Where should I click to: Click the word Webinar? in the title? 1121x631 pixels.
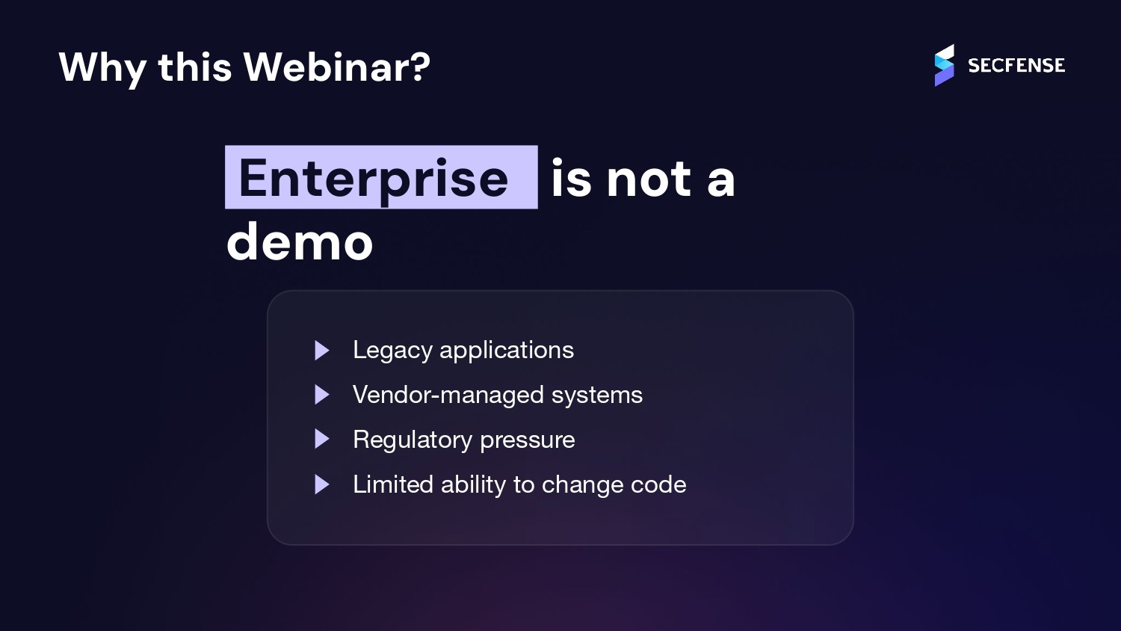[337, 67]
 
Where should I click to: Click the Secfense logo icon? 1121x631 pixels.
[944, 65]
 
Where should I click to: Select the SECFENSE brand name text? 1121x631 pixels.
[1016, 66]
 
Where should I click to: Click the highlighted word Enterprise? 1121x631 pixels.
[374, 178]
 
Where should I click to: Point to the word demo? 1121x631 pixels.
[300, 242]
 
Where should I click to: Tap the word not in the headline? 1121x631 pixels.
[649, 179]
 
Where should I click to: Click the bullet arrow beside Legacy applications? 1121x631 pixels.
[322, 350]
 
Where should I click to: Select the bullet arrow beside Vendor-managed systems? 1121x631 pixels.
[322, 395]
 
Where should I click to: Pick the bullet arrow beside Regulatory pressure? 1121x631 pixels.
[322, 440]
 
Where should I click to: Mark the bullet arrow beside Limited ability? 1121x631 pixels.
[322, 484]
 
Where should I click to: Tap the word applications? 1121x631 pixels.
[507, 350]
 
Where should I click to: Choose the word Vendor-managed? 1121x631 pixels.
[448, 395]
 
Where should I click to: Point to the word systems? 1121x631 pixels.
[596, 395]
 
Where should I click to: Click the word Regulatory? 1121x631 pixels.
[413, 440]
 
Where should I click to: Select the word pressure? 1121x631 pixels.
[528, 440]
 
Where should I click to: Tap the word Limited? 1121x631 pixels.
[393, 484]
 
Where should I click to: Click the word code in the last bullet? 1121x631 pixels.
[658, 484]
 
